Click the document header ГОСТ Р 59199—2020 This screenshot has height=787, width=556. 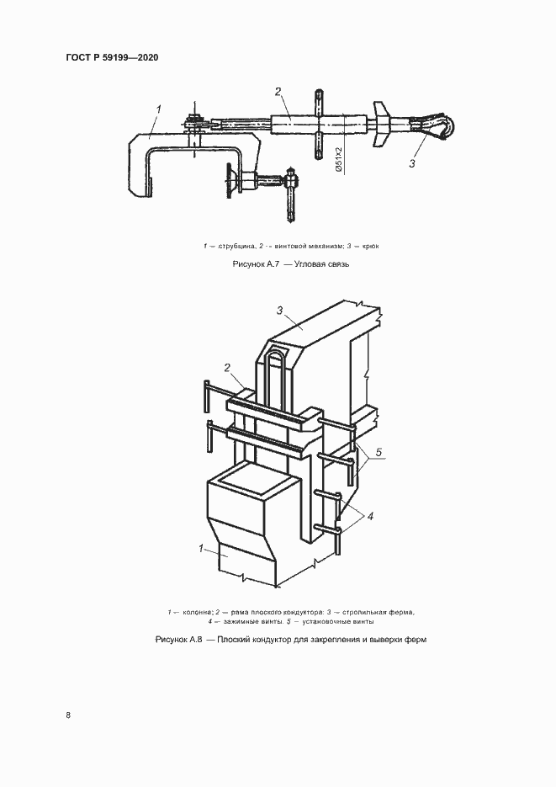(112, 57)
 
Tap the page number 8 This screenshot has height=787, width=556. (69, 715)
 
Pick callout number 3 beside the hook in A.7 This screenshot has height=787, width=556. (412, 163)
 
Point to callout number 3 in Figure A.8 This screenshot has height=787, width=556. (279, 311)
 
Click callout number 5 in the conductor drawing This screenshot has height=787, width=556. (379, 453)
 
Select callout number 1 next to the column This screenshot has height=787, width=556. (201, 549)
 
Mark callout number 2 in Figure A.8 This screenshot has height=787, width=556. (227, 368)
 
